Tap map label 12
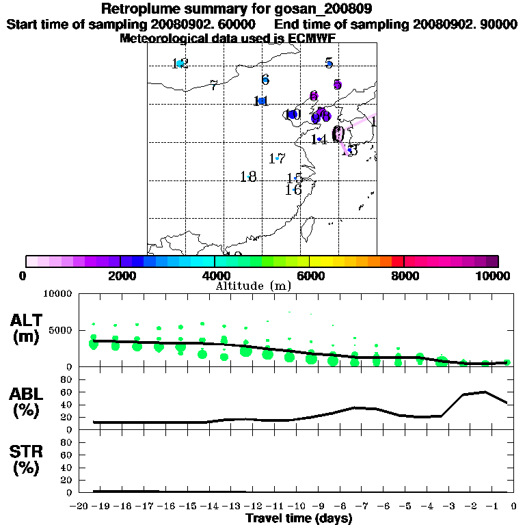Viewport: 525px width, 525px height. (x=180, y=64)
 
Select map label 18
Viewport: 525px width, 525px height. (x=248, y=177)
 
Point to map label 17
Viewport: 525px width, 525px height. (x=277, y=159)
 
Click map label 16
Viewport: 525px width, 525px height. (x=293, y=190)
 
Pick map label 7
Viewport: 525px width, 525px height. (x=214, y=85)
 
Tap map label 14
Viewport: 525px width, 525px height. (x=319, y=139)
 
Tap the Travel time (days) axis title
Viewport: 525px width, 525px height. (x=299, y=518)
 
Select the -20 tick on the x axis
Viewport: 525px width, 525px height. (x=80, y=506)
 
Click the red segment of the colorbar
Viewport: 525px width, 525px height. (x=397, y=261)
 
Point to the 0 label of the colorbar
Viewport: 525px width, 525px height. (x=24, y=276)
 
